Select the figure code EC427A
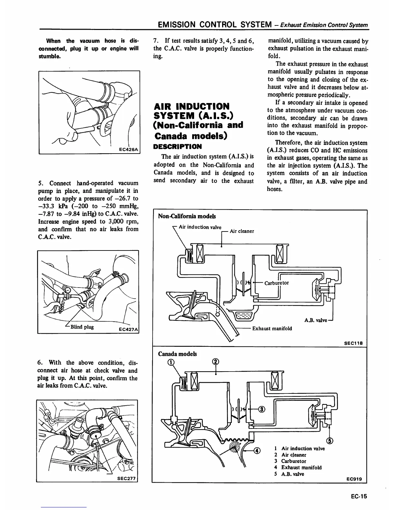(x=128, y=329)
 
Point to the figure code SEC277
(x=127, y=478)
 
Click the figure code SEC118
(x=353, y=343)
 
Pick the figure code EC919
(x=354, y=479)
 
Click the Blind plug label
(x=82, y=327)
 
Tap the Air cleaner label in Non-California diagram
(x=242, y=231)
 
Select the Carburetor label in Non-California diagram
(x=277, y=283)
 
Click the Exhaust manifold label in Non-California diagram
(x=272, y=328)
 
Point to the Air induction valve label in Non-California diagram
(x=200, y=227)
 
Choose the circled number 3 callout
(x=262, y=409)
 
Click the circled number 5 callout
(x=329, y=441)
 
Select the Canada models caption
(x=177, y=354)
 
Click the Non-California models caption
(x=187, y=216)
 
